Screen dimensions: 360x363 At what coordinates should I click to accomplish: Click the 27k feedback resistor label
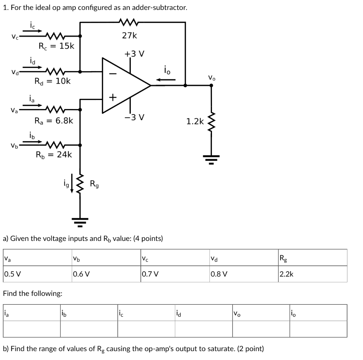(129, 35)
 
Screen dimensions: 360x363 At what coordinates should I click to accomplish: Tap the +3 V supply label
(134, 54)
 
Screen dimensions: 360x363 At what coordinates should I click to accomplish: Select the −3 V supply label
(134, 117)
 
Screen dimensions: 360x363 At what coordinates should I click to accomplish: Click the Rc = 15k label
(56, 46)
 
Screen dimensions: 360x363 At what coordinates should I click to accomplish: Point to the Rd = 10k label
(52, 81)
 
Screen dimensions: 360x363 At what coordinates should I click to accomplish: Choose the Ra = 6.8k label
(54, 121)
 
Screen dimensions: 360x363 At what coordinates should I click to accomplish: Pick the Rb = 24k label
(54, 154)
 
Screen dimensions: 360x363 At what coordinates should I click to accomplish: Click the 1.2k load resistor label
(195, 122)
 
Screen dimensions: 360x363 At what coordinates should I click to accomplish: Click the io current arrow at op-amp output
(167, 79)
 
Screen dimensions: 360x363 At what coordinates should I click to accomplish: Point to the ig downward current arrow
(72, 184)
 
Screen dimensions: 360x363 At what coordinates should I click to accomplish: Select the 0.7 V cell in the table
(150, 274)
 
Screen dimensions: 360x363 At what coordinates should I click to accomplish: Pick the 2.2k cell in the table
(286, 274)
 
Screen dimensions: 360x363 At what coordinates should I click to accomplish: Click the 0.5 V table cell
(12, 274)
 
